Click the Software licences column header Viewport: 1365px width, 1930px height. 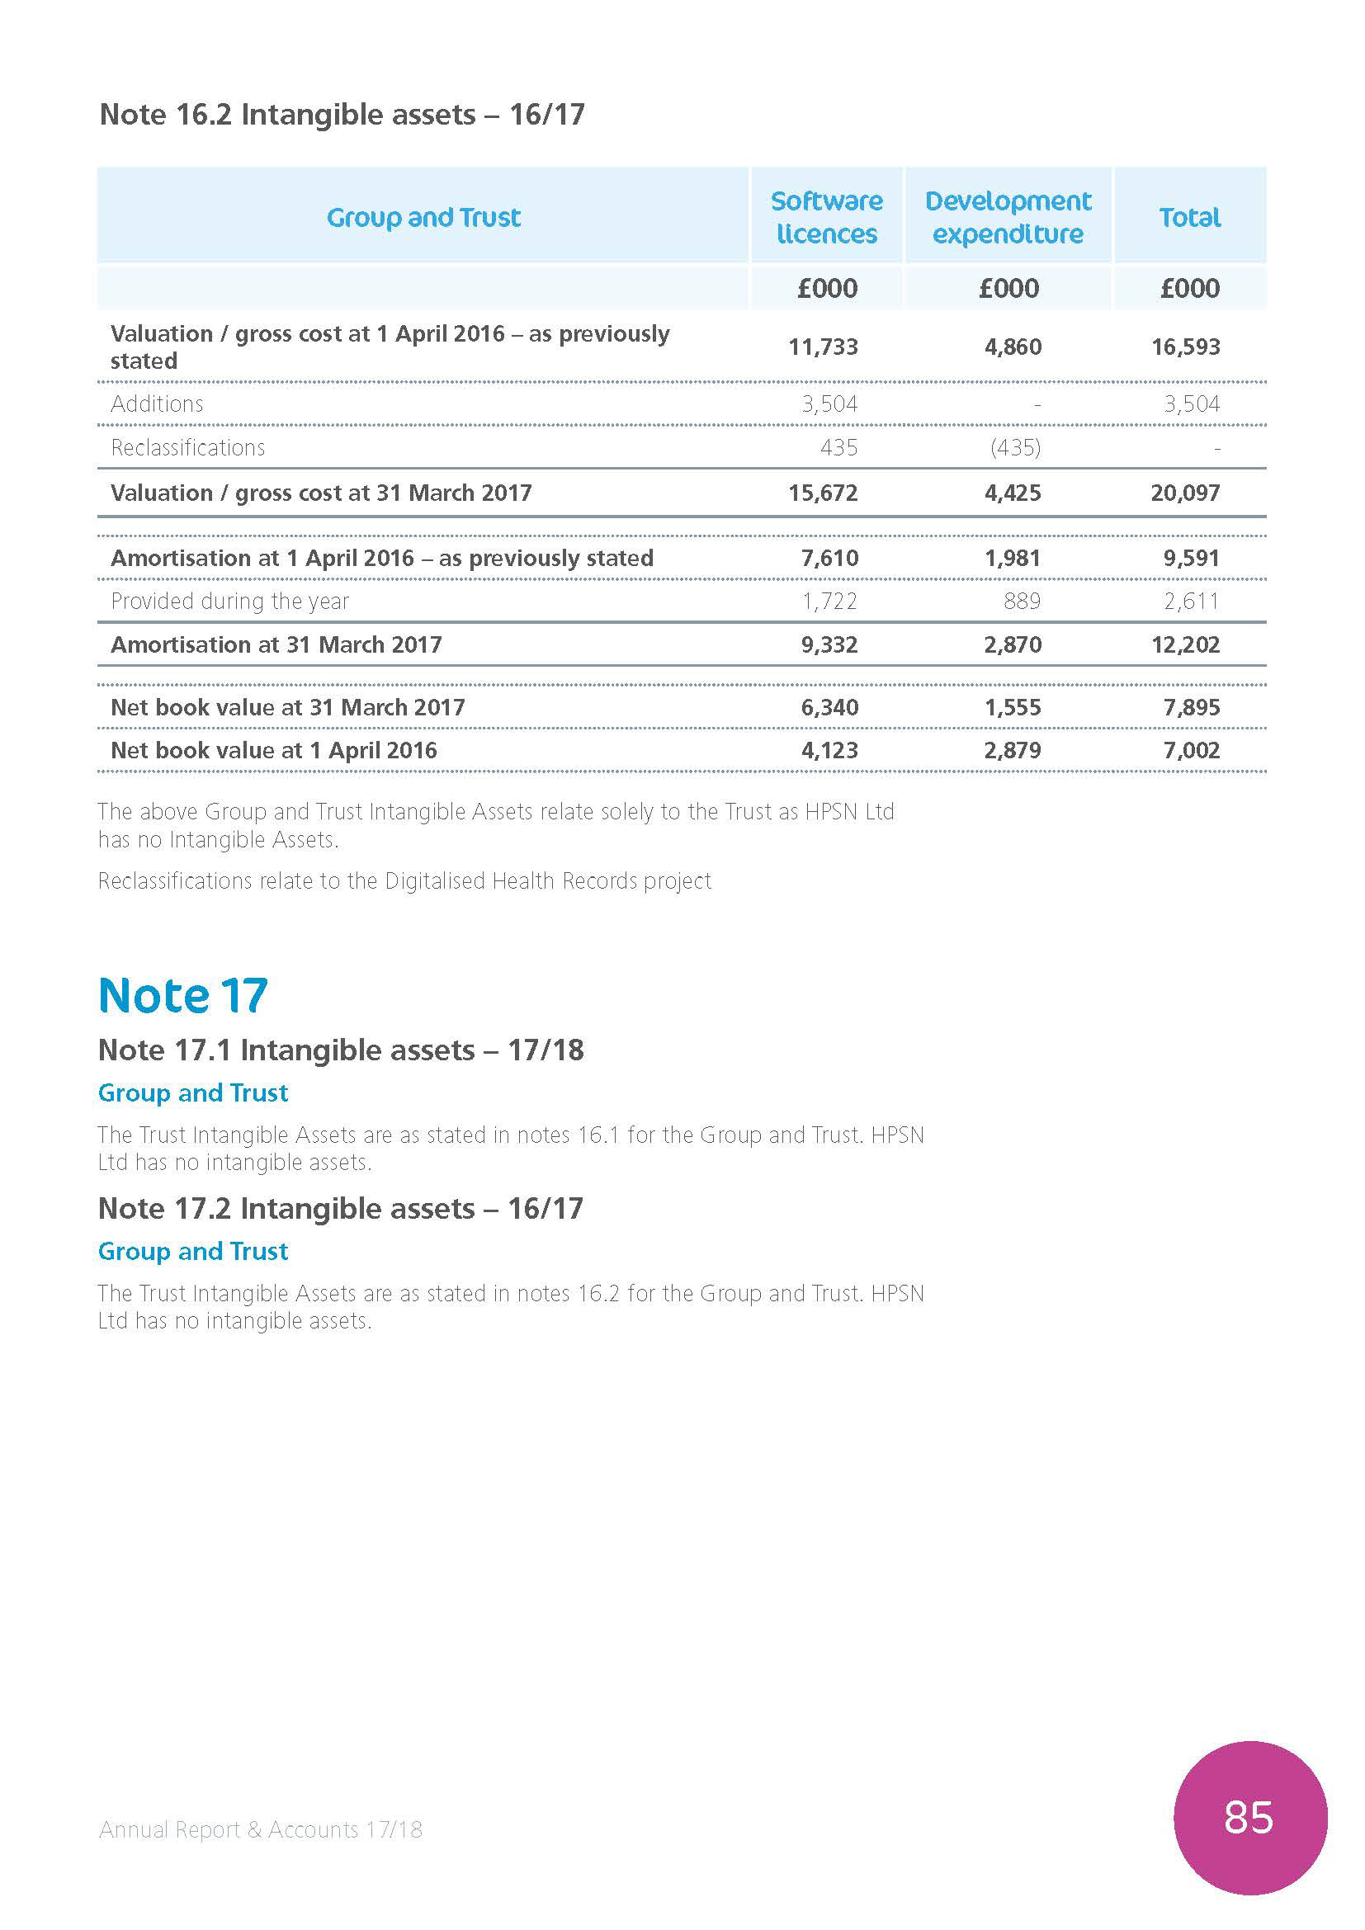tap(826, 217)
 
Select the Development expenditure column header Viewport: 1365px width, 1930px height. tap(1008, 217)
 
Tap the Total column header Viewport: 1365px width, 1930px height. tap(1189, 217)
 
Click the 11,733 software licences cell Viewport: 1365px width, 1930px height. tap(823, 347)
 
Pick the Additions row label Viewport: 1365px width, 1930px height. tap(157, 403)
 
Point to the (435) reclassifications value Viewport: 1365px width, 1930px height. tap(1015, 447)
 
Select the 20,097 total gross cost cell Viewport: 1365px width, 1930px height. tap(1185, 493)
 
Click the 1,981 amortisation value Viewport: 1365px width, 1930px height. tap(1013, 558)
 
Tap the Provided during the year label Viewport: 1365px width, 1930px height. tap(229, 601)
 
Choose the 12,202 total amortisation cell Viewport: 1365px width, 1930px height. tap(1185, 644)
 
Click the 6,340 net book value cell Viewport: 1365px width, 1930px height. tap(829, 707)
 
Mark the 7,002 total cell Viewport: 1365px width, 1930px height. tap(1191, 750)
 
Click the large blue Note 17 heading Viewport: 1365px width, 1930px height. tap(183, 995)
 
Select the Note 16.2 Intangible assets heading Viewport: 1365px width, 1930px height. tap(342, 115)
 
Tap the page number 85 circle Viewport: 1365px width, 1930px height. tap(1249, 1817)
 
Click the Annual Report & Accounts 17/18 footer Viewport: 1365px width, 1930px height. tap(261, 1829)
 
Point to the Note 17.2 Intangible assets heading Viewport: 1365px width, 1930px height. tap(340, 1208)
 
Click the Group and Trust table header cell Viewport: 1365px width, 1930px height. tap(423, 217)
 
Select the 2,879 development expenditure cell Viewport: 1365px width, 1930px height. tap(1013, 750)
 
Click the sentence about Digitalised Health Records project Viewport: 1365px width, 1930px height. tap(404, 880)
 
